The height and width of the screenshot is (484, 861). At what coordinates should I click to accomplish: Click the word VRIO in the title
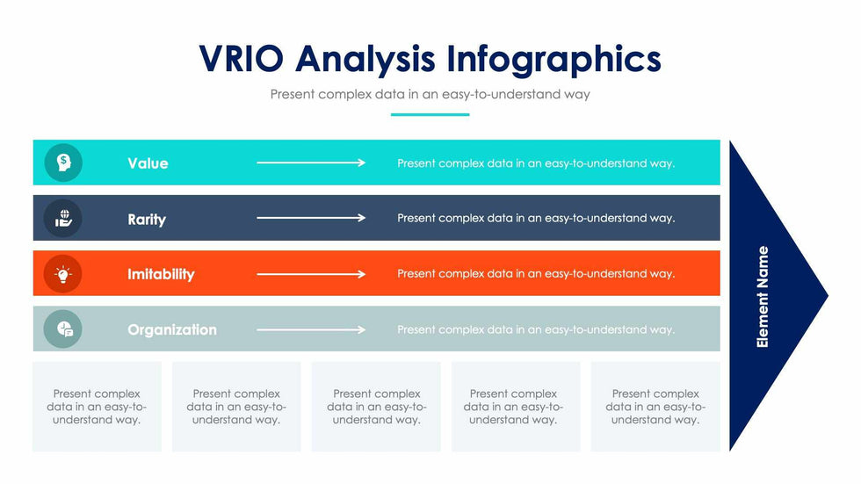(x=242, y=59)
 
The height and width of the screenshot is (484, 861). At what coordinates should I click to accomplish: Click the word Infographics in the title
(x=553, y=59)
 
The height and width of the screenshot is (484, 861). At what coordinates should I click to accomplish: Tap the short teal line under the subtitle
(x=430, y=114)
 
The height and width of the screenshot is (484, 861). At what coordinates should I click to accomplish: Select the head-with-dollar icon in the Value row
(x=63, y=163)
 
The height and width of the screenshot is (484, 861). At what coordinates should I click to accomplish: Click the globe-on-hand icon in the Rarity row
(x=63, y=218)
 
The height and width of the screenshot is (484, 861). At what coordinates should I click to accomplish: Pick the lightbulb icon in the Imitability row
(x=63, y=274)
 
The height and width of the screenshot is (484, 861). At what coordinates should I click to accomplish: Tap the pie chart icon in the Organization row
(x=63, y=329)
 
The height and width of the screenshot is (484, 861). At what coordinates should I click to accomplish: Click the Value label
(x=148, y=163)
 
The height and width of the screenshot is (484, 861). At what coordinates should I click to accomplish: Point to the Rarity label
(x=147, y=219)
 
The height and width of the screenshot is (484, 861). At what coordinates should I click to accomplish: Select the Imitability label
(x=161, y=274)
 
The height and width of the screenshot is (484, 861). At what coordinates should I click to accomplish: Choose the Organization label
(x=172, y=329)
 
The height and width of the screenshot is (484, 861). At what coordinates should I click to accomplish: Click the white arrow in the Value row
(x=311, y=163)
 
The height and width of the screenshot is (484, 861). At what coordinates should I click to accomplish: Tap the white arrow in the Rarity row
(x=311, y=218)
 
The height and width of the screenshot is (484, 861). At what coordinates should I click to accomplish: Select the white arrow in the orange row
(x=311, y=274)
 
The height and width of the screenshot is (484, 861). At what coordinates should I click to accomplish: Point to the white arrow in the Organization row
(x=311, y=329)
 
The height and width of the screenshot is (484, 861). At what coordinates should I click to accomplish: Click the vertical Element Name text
(x=763, y=297)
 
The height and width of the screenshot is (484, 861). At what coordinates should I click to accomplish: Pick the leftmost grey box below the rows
(x=97, y=406)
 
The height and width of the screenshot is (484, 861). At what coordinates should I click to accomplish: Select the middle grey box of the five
(x=376, y=406)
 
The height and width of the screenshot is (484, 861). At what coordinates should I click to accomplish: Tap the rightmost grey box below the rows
(x=655, y=406)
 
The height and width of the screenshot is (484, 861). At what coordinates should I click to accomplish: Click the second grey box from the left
(x=236, y=406)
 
